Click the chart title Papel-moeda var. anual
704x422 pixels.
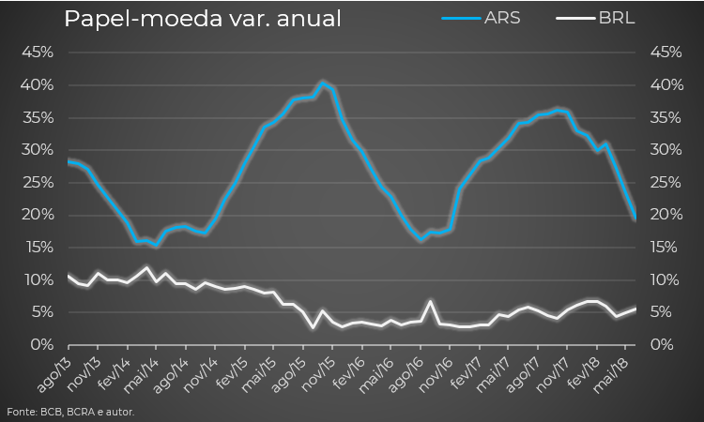point(202,19)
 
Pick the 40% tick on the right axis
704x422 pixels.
point(666,85)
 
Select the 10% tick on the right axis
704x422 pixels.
point(666,280)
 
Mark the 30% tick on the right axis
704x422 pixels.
point(666,150)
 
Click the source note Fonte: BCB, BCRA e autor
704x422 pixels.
point(70,412)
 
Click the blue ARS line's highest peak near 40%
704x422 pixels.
point(322,83)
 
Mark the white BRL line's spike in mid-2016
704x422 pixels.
point(430,302)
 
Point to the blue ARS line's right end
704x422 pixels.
point(635,219)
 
